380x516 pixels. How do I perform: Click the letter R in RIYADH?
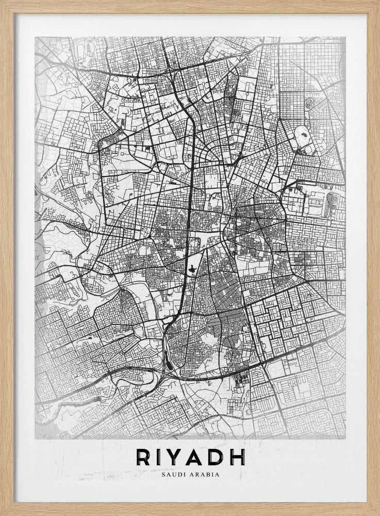tap(143, 457)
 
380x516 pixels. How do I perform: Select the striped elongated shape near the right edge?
tap(329, 203)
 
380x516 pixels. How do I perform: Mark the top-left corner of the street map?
tap(35, 37)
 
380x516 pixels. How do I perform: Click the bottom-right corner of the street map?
tap(345, 439)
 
